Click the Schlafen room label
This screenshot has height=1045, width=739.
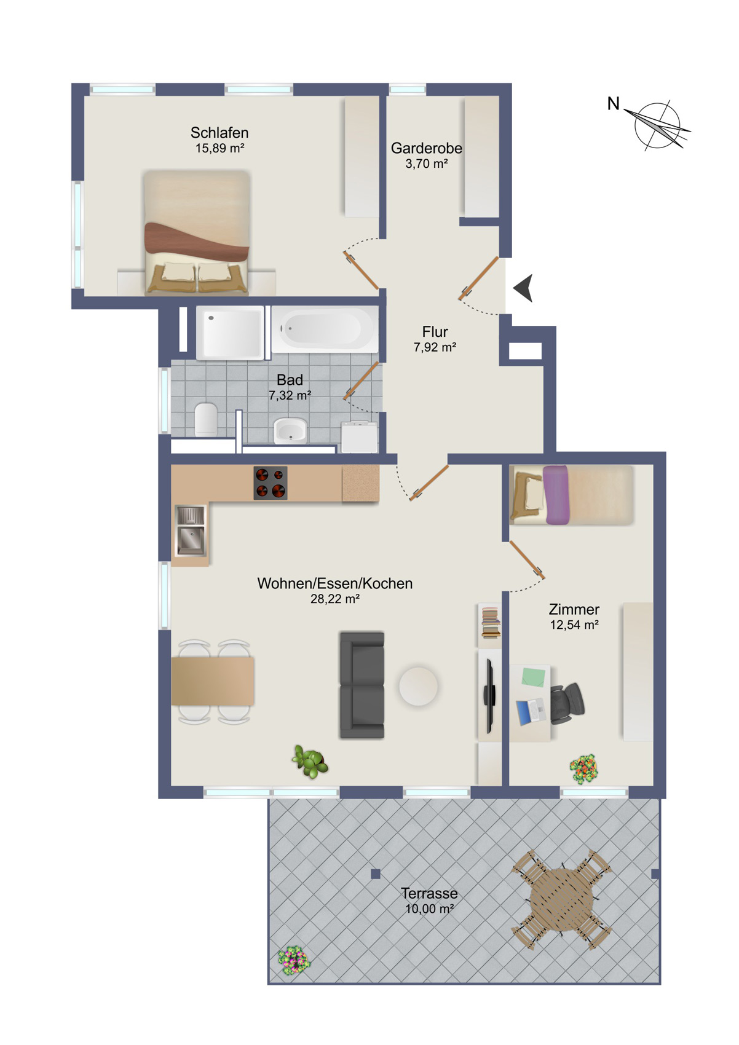pos(219,133)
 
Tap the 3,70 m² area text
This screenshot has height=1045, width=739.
pos(427,164)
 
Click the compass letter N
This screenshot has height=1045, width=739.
pos(613,103)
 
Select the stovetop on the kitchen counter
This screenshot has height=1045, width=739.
pos(270,483)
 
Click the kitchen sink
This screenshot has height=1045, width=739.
pos(190,531)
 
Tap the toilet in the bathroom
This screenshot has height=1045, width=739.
pos(206,419)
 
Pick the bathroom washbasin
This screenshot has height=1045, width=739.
pos(290,430)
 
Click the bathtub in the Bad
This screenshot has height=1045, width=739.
pos(325,329)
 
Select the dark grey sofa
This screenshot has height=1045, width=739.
pos(362,685)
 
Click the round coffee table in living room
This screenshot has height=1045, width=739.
pos(418,686)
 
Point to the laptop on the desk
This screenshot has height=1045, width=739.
pos(530,712)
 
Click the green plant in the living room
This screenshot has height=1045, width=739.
pos(310,762)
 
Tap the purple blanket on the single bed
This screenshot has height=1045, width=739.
pos(556,495)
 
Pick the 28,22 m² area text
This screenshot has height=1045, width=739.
pos(335,599)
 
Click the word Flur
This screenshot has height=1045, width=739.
pos(435,332)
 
